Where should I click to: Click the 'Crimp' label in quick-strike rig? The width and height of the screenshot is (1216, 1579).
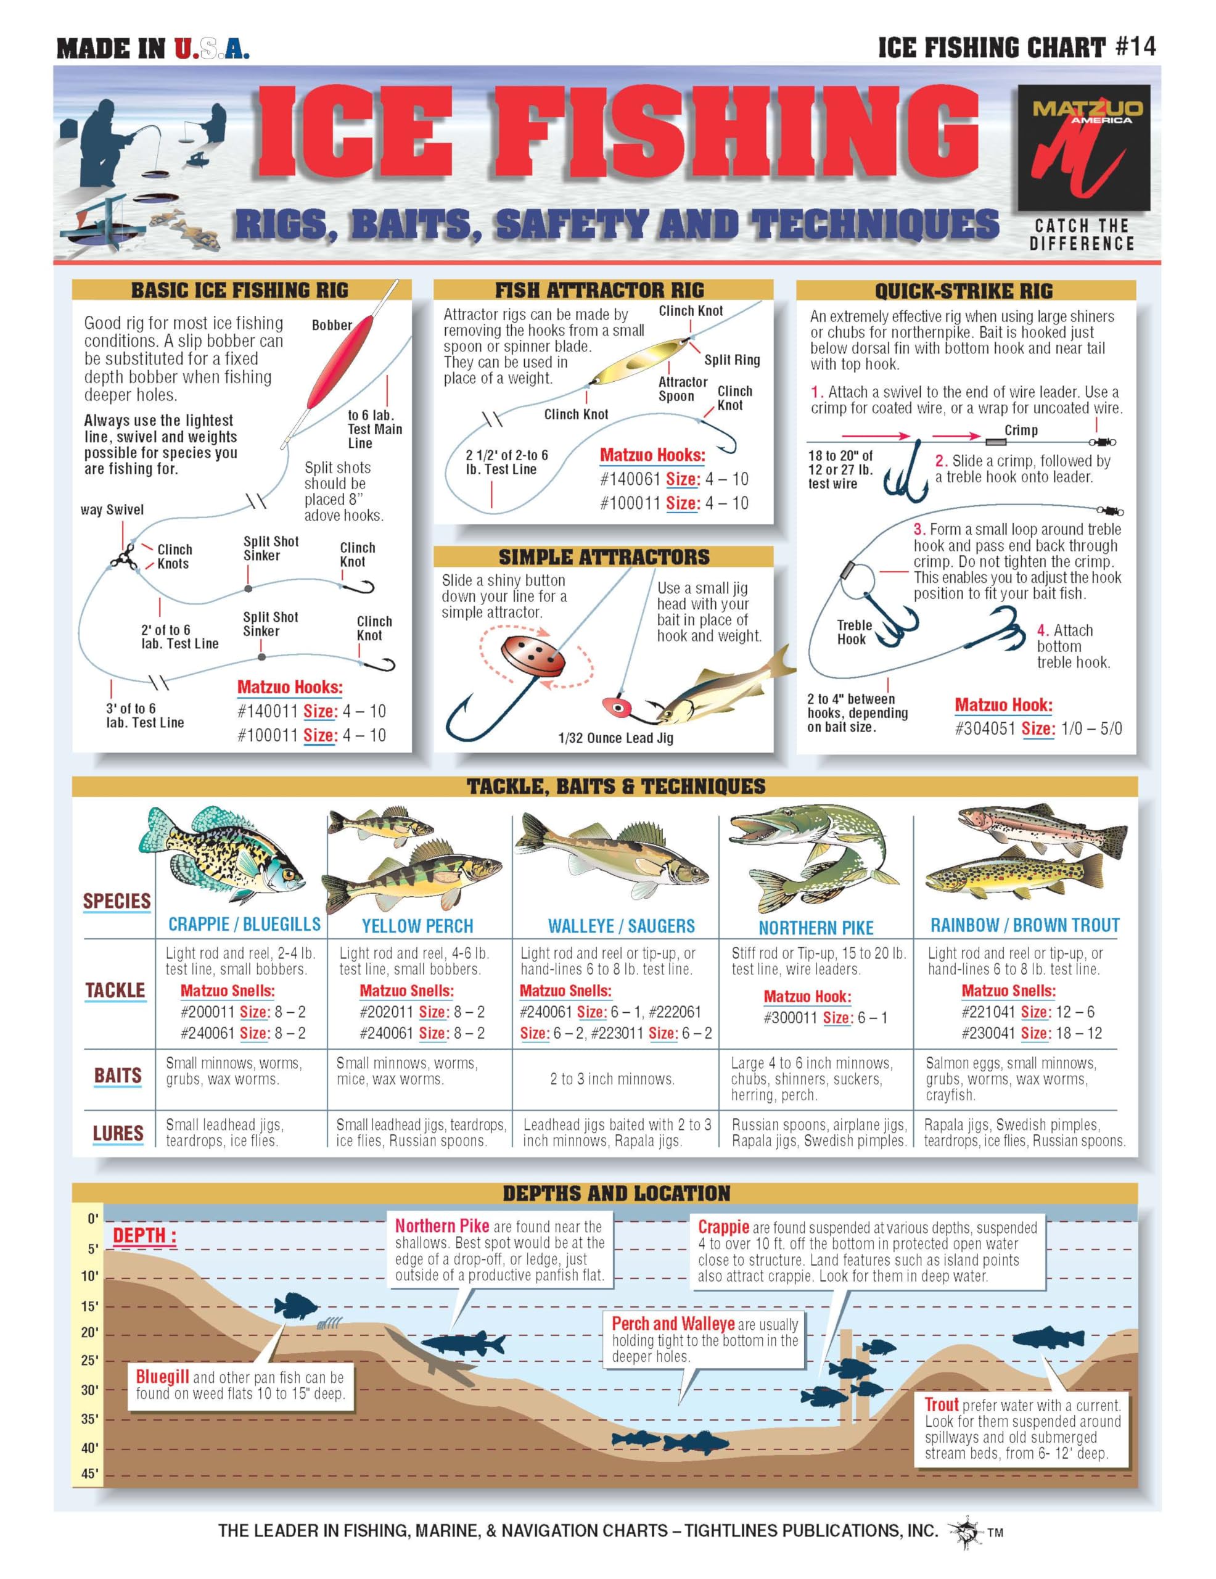(1021, 430)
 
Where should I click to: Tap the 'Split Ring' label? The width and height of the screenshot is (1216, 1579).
(731, 360)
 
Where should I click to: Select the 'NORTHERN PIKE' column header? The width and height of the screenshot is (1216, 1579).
(815, 928)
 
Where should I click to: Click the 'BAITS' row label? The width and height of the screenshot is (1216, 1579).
(118, 1076)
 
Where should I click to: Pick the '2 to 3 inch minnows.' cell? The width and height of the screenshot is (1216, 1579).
(612, 1079)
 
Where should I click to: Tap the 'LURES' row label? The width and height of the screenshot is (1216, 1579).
(118, 1133)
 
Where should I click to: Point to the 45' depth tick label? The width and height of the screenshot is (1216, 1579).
(89, 1474)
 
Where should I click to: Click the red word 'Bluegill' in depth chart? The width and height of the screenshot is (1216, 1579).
(163, 1377)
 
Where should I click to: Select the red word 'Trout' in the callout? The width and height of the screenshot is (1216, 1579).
(941, 1405)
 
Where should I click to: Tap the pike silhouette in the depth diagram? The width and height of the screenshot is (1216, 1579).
(462, 1345)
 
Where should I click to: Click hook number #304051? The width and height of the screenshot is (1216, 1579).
(985, 729)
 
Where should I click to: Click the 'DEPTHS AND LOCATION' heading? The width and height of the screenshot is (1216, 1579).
(616, 1194)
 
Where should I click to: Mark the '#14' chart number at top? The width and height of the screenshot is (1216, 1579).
(1135, 47)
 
